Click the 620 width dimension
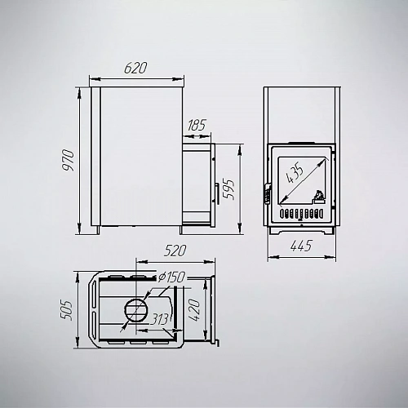click(x=135, y=68)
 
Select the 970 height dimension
click(x=68, y=160)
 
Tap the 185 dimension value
click(x=197, y=125)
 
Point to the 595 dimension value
click(x=228, y=189)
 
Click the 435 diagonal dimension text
click(x=295, y=174)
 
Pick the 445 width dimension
click(x=301, y=246)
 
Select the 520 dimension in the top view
click(x=175, y=251)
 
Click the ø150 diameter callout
click(x=171, y=277)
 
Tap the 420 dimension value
click(x=194, y=310)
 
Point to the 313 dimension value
click(x=159, y=319)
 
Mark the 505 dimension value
click(x=66, y=311)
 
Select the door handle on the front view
click(x=268, y=193)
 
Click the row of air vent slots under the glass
click(x=301, y=214)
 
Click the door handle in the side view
click(x=217, y=193)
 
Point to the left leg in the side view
click(x=95, y=230)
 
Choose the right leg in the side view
click(x=181, y=230)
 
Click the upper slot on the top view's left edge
click(x=94, y=295)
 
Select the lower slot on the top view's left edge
click(x=94, y=325)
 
